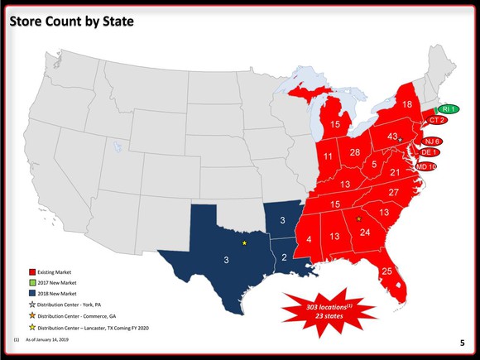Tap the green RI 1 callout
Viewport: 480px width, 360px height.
[x=445, y=109]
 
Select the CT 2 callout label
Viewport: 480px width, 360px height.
[x=438, y=121]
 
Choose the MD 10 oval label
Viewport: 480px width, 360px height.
[x=427, y=166]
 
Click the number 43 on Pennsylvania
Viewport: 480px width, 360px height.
[x=393, y=137]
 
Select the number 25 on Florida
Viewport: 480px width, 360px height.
[x=386, y=271]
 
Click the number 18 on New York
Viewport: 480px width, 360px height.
[x=407, y=104]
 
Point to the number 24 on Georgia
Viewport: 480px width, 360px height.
[x=365, y=233]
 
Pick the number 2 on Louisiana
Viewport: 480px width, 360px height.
[x=284, y=257]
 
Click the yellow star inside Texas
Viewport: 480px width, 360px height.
[x=245, y=243]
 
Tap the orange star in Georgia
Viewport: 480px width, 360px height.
[x=358, y=219]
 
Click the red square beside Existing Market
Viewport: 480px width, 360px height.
[x=31, y=271]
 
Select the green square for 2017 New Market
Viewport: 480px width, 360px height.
[x=31, y=282]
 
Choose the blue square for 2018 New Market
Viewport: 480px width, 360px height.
[x=31, y=294]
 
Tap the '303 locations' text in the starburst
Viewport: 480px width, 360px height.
[x=324, y=307]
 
